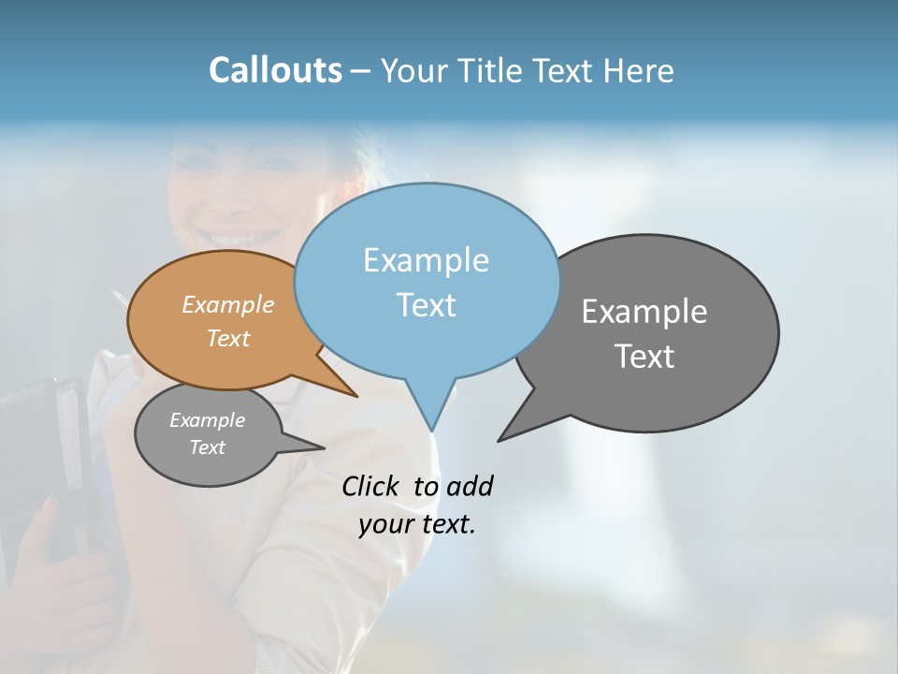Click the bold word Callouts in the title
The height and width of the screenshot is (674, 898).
coord(275,70)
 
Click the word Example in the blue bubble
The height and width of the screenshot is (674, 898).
coord(426,260)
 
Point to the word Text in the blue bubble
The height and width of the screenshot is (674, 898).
coord(426,305)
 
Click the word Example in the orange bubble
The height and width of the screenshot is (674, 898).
coord(227,304)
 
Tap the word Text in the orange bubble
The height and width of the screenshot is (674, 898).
coord(227,338)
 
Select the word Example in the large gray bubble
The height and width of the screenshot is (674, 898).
coord(644,312)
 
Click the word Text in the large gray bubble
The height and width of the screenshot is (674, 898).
coord(644,357)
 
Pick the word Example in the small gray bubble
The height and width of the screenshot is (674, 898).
coord(207,420)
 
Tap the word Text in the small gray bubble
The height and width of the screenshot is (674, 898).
coord(207,447)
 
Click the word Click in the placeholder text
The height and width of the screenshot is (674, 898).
coord(372,486)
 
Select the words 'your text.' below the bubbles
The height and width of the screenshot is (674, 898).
coord(416,525)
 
